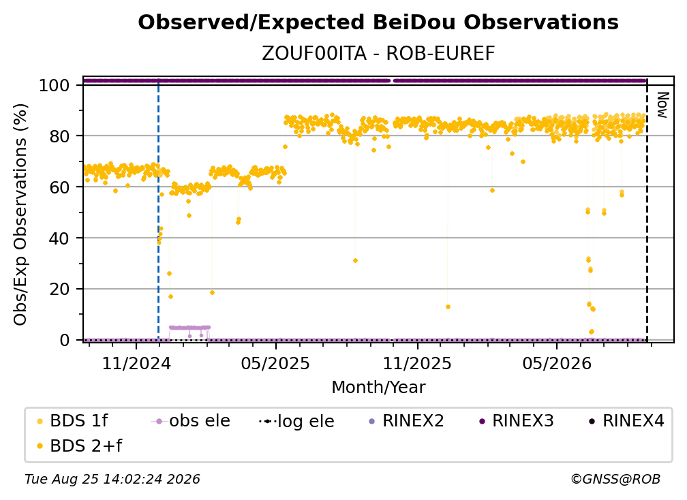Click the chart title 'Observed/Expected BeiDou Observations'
point(378,22)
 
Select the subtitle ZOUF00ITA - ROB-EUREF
point(378,54)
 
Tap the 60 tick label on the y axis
point(59,187)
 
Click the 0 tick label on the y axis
point(65,340)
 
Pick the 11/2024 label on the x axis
point(136,363)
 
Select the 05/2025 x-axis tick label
point(275,363)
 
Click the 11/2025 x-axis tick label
point(417,363)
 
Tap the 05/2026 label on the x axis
point(556,363)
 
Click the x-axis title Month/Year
point(378,388)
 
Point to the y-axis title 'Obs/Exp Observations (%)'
point(20,215)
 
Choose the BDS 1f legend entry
point(72,421)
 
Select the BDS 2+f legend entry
point(79,446)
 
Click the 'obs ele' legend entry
point(191,421)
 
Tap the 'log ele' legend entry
point(296,422)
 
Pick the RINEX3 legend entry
point(517,421)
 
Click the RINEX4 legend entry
point(627,421)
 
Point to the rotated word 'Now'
point(662,105)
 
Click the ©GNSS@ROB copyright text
point(615,480)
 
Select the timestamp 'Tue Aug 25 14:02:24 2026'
point(112,480)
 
